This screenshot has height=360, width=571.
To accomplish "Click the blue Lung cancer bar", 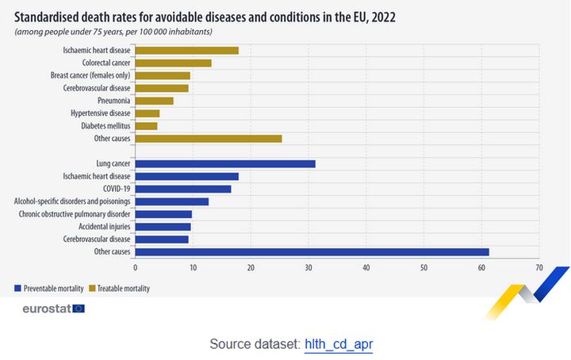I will pos(225,164).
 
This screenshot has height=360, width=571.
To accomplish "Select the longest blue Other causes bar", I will pos(312,251).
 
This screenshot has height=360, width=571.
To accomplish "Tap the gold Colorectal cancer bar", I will pos(173,63).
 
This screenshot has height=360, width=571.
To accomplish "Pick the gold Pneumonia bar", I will pos(154,101).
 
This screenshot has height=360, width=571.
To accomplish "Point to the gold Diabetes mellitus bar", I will pos(146,126).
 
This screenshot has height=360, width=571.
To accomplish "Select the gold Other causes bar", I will pos(209,139).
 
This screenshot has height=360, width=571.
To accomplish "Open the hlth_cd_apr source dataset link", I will pos(339,344).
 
